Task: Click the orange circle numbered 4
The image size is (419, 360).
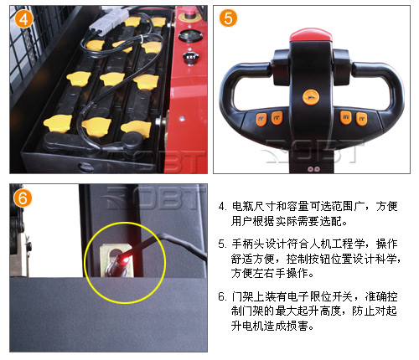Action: pyautogui.click(x=23, y=19)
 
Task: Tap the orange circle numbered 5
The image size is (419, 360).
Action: pyautogui.click(x=228, y=18)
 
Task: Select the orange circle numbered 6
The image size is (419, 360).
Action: pyautogui.click(x=23, y=198)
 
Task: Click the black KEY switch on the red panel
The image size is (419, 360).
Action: pyautogui.click(x=191, y=58)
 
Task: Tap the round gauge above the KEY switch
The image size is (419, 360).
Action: pyautogui.click(x=190, y=35)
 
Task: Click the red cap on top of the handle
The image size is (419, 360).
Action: pyautogui.click(x=311, y=35)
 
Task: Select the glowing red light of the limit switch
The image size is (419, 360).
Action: pyautogui.click(x=125, y=260)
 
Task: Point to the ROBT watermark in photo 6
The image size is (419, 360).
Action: pyautogui.click(x=154, y=198)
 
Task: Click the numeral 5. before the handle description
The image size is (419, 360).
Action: pyautogui.click(x=222, y=244)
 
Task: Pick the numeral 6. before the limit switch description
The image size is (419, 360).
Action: pyautogui.click(x=222, y=297)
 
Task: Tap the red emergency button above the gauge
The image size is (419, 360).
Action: pyautogui.click(x=188, y=14)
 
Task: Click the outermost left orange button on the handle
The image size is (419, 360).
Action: pyautogui.click(x=261, y=120)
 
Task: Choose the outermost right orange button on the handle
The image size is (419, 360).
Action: pyautogui.click(x=361, y=119)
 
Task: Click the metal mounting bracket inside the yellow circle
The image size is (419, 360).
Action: pyautogui.click(x=116, y=260)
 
